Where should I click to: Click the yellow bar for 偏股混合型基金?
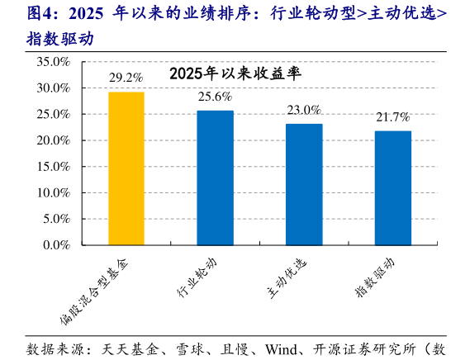click(x=126, y=168)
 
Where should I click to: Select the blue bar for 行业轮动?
click(x=215, y=178)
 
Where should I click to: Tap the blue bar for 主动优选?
click(x=304, y=184)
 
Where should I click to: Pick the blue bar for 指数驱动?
click(x=392, y=187)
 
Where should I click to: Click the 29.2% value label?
click(x=126, y=78)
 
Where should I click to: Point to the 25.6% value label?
click(x=215, y=97)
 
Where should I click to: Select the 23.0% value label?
click(x=304, y=110)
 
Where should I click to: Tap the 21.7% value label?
click(x=392, y=117)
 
